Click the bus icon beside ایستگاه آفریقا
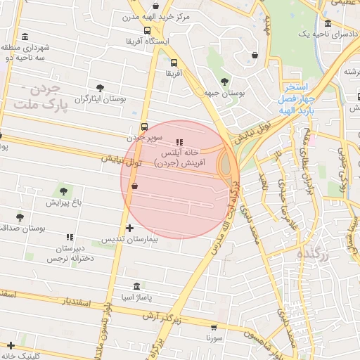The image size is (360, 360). pos(147,31)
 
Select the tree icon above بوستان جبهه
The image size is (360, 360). pos(224,82)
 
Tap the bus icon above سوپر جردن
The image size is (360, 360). pos(144,127)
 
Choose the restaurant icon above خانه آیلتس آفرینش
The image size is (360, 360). pos(178,142)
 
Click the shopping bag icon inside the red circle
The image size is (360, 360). pos(134,186)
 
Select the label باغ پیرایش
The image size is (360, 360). pos(65,202)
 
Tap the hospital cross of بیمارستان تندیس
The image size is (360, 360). pos(129,228)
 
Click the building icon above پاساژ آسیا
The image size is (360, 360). pos(137,286)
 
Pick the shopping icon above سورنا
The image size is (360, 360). pos(214,327)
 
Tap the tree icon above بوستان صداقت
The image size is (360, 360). pos(20,217)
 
